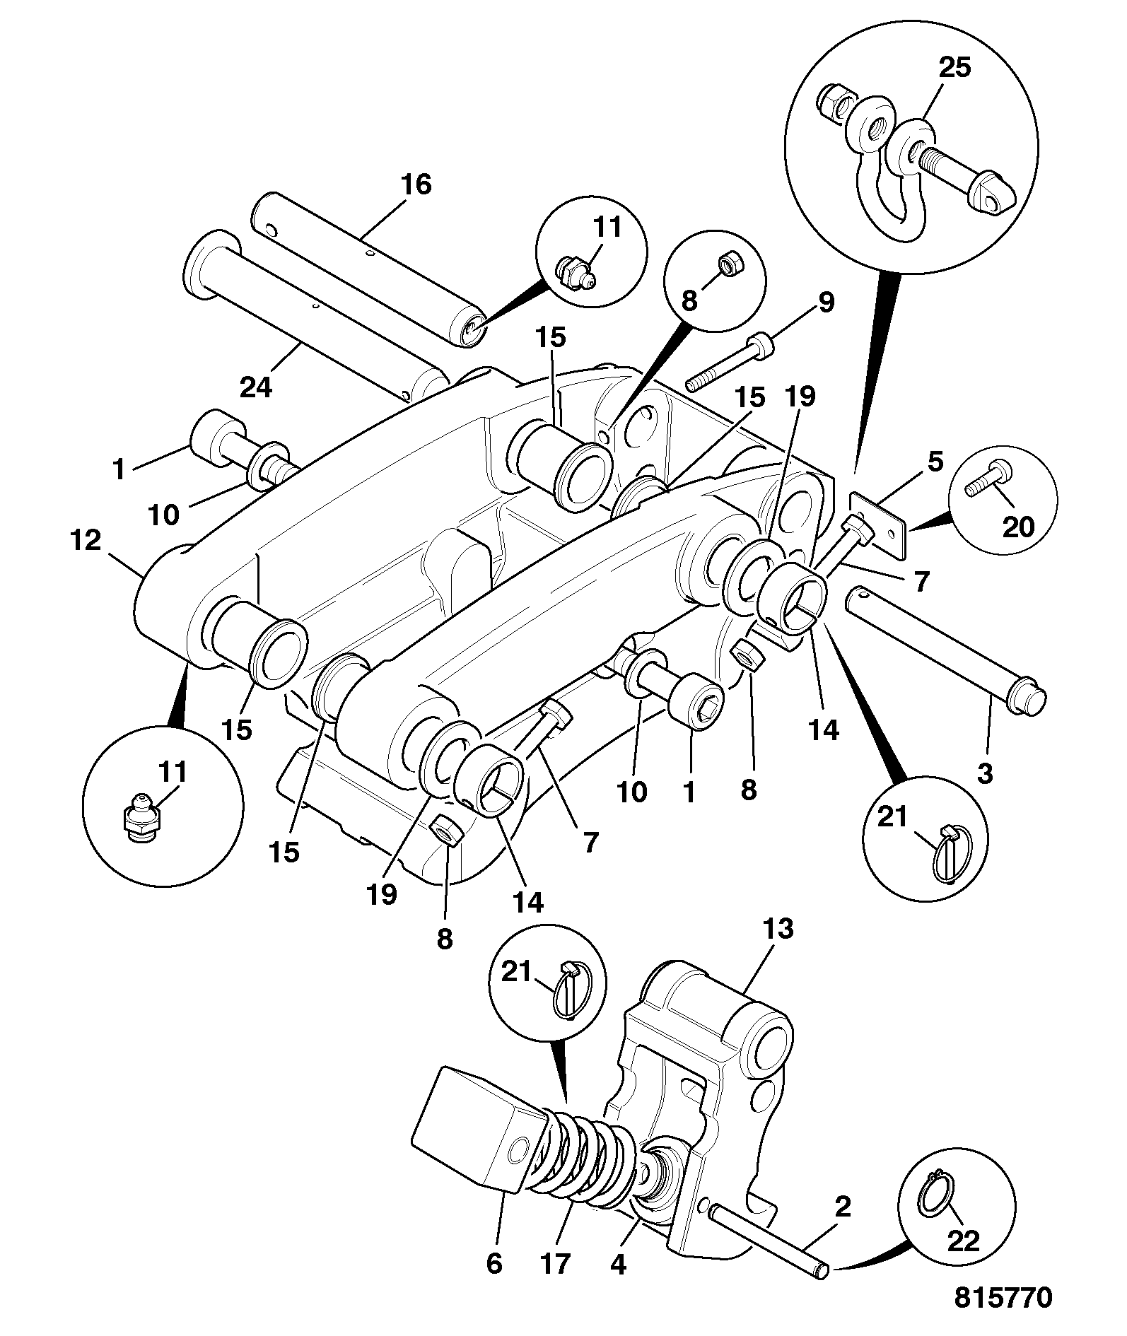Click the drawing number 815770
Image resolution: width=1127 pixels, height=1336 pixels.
(x=1003, y=1298)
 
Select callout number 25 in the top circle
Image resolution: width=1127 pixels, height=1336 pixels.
(x=954, y=68)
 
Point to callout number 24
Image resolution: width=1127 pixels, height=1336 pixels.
(x=256, y=387)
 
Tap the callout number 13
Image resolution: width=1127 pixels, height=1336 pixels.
(x=778, y=930)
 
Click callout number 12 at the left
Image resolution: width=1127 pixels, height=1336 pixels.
(x=86, y=541)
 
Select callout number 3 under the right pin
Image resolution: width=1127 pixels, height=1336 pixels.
(x=984, y=773)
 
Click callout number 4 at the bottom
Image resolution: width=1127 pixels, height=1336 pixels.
(x=618, y=1263)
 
